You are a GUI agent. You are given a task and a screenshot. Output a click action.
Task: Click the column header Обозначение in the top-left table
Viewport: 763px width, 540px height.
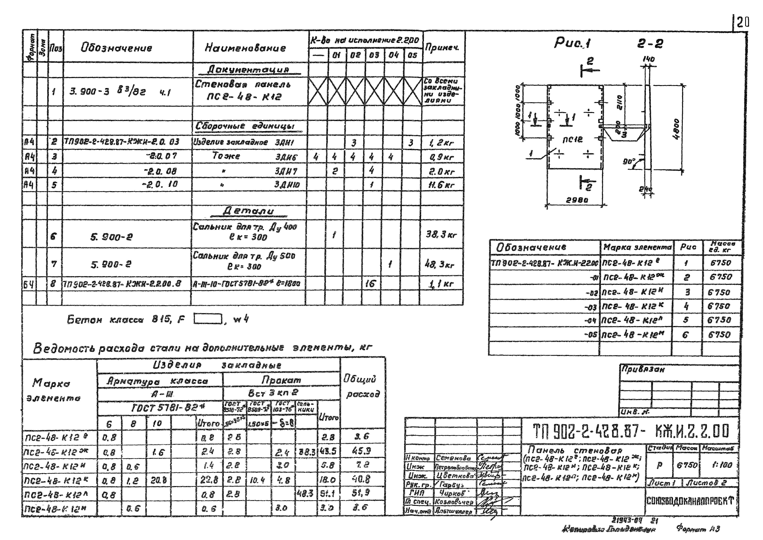pos(116,48)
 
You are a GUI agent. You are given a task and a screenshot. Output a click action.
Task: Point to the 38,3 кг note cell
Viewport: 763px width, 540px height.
pos(441,235)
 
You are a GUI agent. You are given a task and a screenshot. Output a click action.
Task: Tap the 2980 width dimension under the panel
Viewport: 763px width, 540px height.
pos(577,200)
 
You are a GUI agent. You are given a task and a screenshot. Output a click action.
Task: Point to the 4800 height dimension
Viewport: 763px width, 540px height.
pos(677,130)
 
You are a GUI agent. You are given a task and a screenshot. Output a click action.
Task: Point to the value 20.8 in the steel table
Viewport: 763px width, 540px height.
pos(158,480)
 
